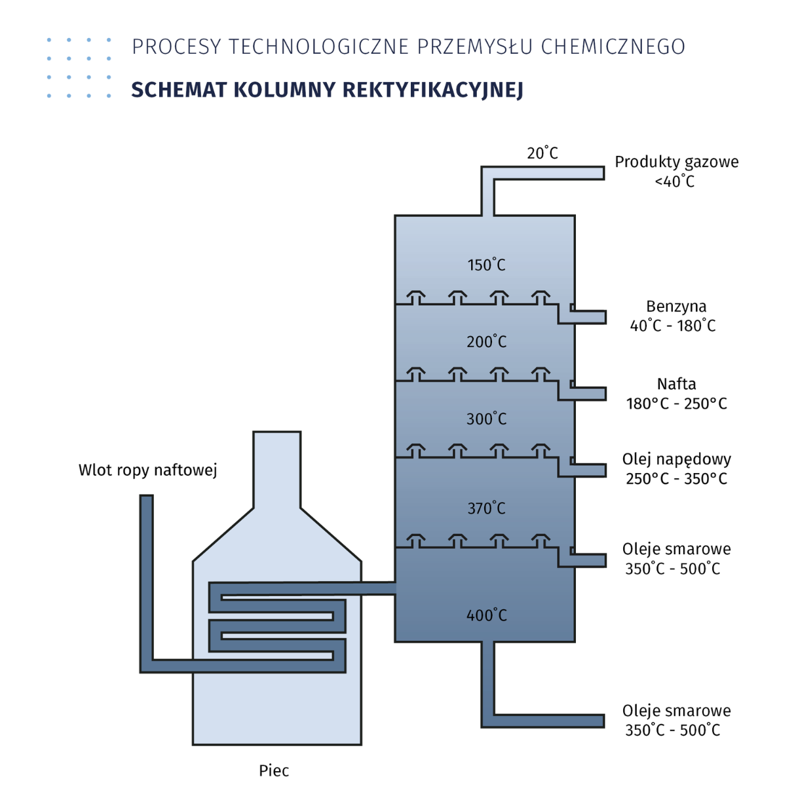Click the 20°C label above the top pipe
click(x=542, y=153)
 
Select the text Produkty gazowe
click(x=676, y=162)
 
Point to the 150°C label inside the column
click(x=486, y=265)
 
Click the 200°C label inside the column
click(x=486, y=342)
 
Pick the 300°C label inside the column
click(x=486, y=419)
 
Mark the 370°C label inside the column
click(x=486, y=508)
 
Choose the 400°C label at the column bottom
click(x=486, y=616)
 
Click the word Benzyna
click(x=676, y=307)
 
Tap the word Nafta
click(x=676, y=384)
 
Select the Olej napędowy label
click(x=676, y=459)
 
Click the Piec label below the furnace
click(x=274, y=770)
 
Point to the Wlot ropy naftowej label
click(x=147, y=470)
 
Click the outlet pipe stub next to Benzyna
click(x=588, y=317)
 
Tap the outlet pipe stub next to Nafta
click(x=588, y=394)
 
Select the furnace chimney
click(x=276, y=468)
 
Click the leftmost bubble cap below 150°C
click(x=415, y=297)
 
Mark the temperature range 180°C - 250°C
click(x=676, y=404)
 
